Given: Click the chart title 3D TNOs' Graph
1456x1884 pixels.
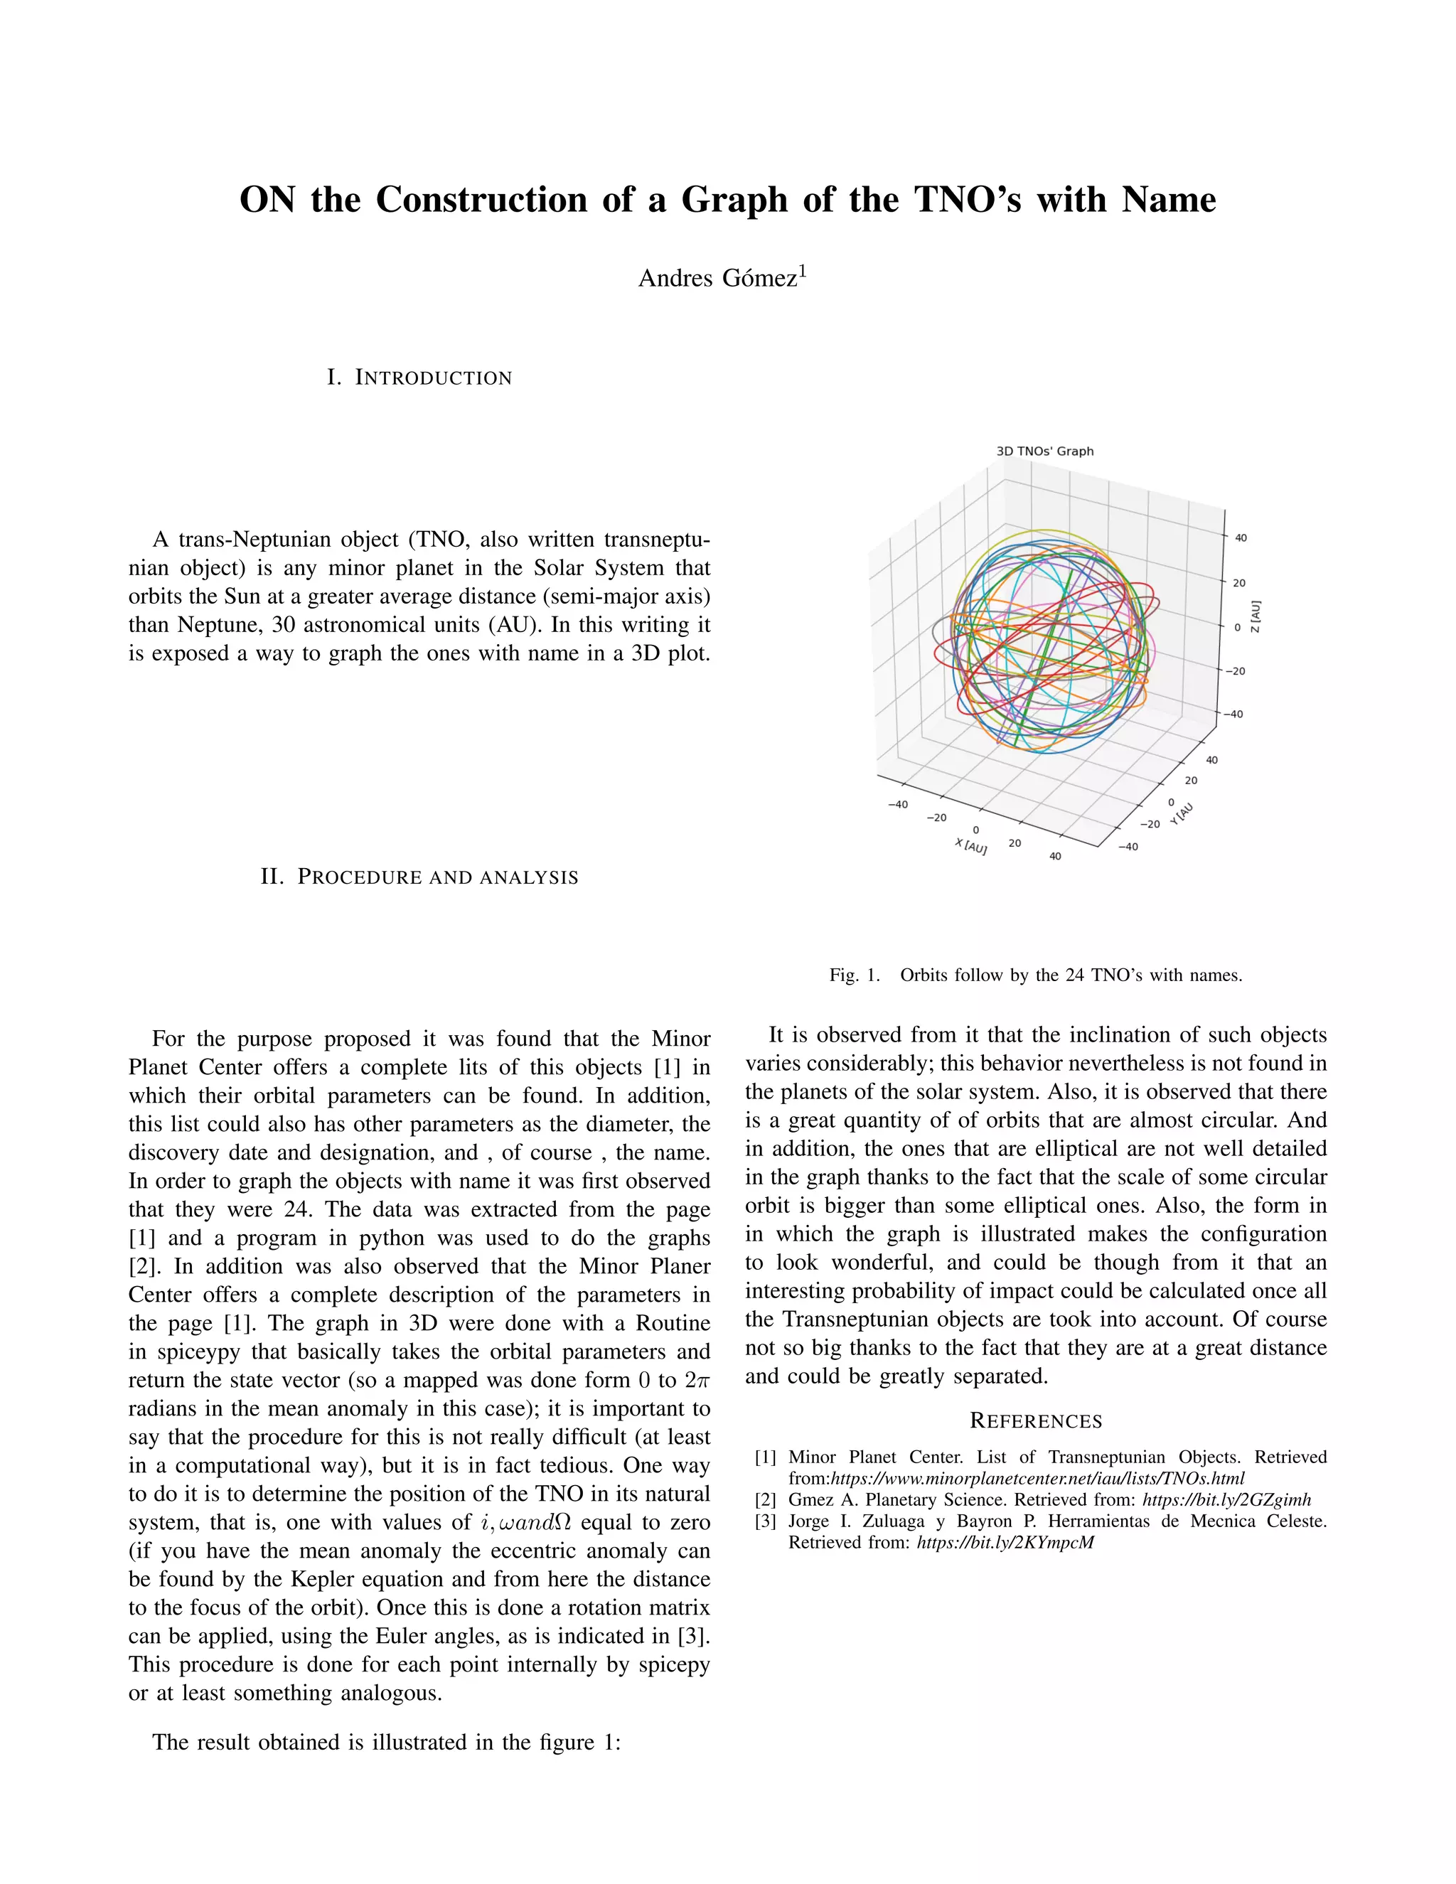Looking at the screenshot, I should pyautogui.click(x=1044, y=451).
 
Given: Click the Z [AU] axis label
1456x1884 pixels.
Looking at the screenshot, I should pyautogui.click(x=1256, y=616).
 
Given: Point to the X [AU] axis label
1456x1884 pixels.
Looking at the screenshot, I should pyautogui.click(x=970, y=845).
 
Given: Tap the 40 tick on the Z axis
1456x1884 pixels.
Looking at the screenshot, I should pyautogui.click(x=1241, y=538).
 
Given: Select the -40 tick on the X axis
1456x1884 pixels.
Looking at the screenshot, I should pyautogui.click(x=898, y=804).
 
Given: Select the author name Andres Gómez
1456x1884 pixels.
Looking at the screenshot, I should pyautogui.click(x=717, y=279).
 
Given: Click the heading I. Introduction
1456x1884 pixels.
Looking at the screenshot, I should pyautogui.click(x=419, y=378).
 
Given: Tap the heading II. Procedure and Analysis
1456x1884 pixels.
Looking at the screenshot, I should pyautogui.click(x=419, y=877).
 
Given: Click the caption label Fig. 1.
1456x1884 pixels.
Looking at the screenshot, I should pyautogui.click(x=854, y=975).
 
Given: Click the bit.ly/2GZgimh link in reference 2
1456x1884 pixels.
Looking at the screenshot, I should pyautogui.click(x=1226, y=1500).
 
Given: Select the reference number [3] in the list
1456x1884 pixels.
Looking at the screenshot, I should pyautogui.click(x=765, y=1521).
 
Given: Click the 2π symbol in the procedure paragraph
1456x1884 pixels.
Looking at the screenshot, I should pyautogui.click(x=697, y=1380).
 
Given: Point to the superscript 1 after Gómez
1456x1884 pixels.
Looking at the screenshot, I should pyautogui.click(x=802, y=272).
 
